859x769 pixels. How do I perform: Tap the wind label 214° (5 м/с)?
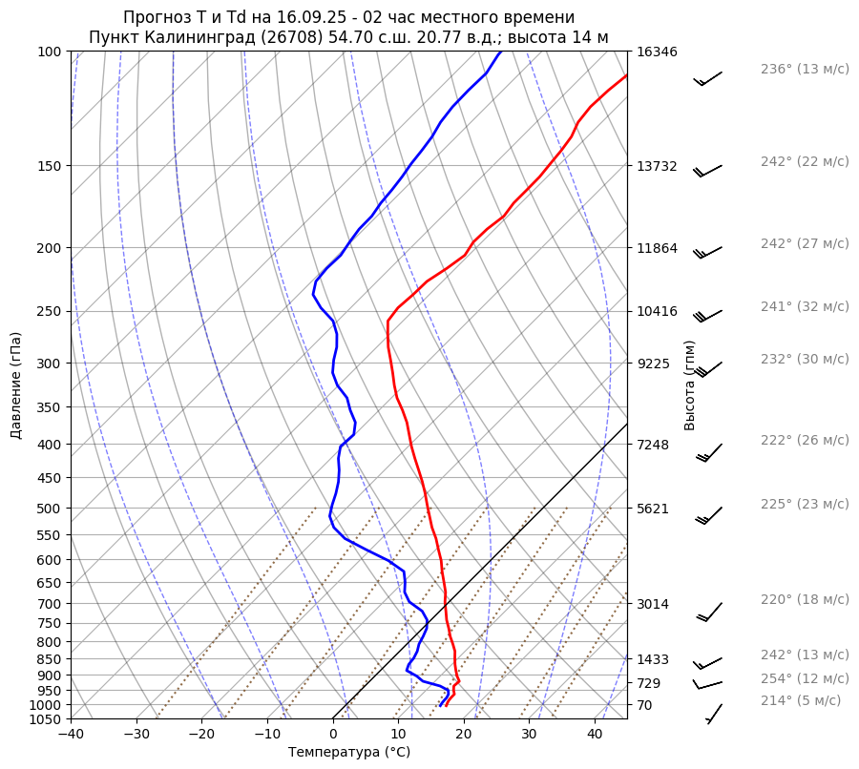(800, 701)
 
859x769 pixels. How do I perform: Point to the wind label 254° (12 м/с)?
(804, 679)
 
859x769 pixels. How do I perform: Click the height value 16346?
(657, 52)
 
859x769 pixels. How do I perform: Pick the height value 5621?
(653, 509)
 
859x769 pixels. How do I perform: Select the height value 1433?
(653, 659)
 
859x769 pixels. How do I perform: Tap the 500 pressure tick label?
(51, 509)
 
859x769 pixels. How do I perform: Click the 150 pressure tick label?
(51, 166)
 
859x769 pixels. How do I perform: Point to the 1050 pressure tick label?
(47, 719)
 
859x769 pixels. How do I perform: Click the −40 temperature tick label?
(71, 735)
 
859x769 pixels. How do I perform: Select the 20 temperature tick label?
(464, 735)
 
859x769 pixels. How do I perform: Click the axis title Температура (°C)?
(349, 752)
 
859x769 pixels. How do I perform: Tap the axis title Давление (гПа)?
(16, 385)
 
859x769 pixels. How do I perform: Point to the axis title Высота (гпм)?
(689, 385)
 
